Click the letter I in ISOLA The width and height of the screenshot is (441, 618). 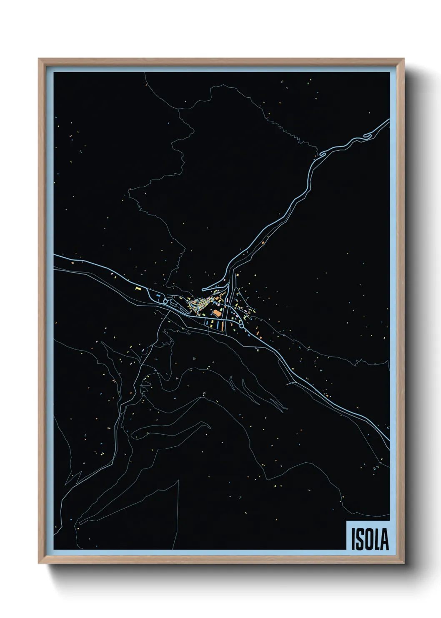point(353,539)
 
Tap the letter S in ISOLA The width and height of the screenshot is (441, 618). point(360,539)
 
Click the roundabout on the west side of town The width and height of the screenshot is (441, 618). point(165,301)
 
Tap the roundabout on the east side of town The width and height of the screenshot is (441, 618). point(242,326)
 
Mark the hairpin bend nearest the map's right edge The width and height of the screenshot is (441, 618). point(367,136)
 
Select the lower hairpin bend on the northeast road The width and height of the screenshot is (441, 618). point(321,155)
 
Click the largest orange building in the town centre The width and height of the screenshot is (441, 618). point(217,312)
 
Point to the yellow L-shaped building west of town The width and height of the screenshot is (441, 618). point(138,288)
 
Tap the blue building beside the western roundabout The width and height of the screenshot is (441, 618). point(158,295)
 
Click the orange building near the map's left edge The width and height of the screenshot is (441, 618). point(72,263)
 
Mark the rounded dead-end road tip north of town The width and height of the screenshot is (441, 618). point(203,290)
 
